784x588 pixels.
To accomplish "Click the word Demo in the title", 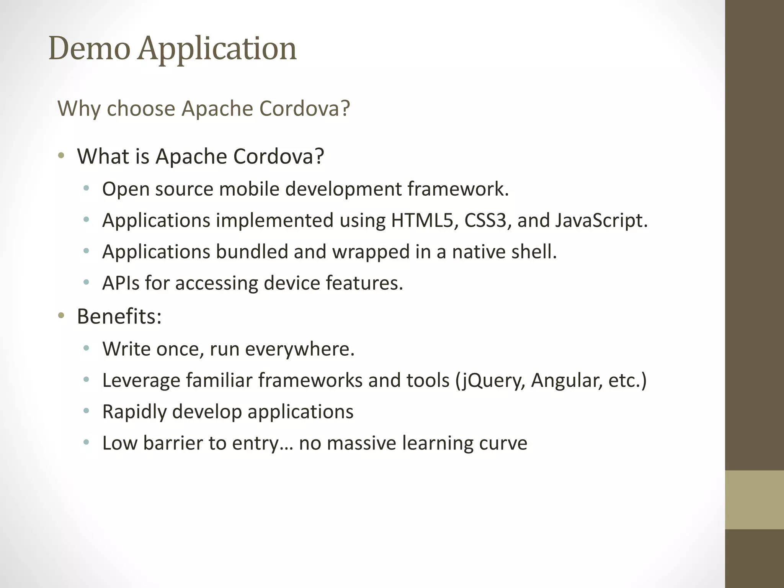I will [x=89, y=49].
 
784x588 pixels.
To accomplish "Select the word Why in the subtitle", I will [x=79, y=108].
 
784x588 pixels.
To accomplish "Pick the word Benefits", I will [x=119, y=317].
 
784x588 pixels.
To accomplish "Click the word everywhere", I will [x=300, y=349].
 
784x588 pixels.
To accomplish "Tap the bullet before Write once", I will [x=87, y=348].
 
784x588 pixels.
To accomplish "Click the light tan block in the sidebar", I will [x=754, y=500].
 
